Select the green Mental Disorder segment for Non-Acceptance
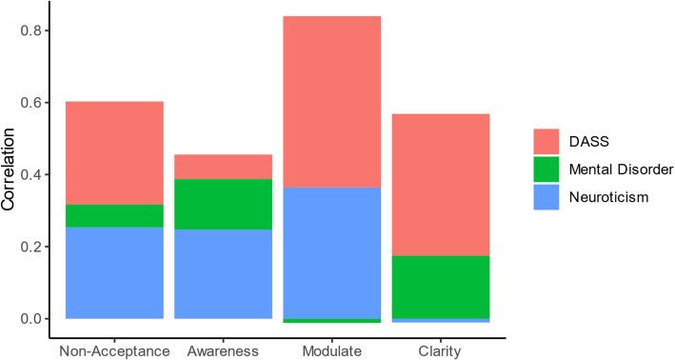click(x=114, y=215)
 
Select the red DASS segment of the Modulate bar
click(x=333, y=101)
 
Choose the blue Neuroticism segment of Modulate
click(x=333, y=252)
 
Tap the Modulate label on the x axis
click(x=333, y=351)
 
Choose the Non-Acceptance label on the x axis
click(x=114, y=351)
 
